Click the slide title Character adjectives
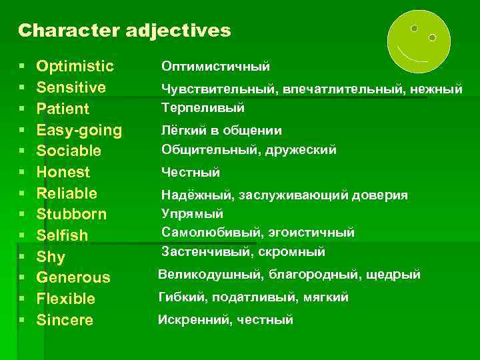[124, 31]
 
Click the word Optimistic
[75, 67]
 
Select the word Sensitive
[71, 87]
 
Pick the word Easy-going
[79, 129]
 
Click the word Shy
[51, 257]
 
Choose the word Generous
[73, 277]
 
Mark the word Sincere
[65, 320]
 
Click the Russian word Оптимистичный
[215, 67]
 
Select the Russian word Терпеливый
[203, 107]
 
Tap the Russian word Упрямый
[192, 213]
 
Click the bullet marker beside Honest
[23, 173]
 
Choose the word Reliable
[67, 193]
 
